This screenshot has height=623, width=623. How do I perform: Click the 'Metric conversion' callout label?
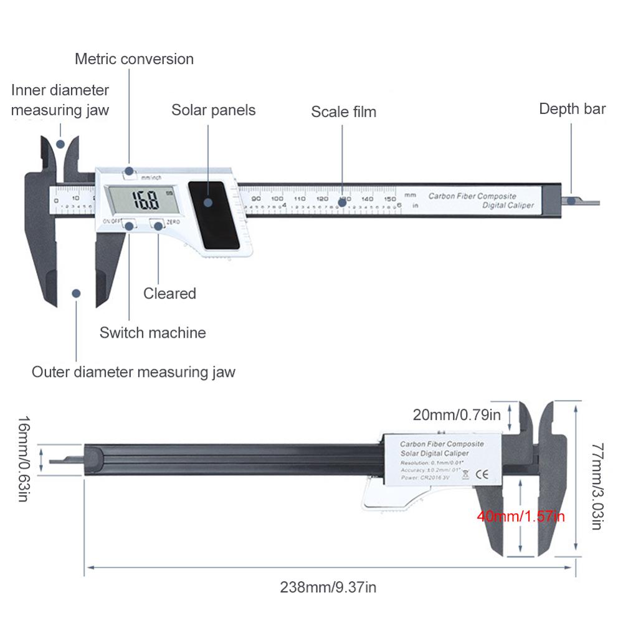coord(134,59)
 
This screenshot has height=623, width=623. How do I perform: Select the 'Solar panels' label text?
coord(214,110)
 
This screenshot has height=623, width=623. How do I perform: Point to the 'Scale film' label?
coord(344,112)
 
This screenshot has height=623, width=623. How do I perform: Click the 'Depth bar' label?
coord(572,109)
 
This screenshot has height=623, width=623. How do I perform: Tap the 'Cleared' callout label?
coord(169,293)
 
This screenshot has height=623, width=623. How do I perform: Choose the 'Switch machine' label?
coord(153,332)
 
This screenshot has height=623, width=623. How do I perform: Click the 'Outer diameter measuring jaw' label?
coord(134,373)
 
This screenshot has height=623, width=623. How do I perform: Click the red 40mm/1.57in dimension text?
coord(521,516)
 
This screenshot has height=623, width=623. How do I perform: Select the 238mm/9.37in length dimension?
coord(328,587)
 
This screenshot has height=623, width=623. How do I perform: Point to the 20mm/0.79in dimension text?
coord(457,414)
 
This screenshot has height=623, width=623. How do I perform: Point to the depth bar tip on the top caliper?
coord(586,201)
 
